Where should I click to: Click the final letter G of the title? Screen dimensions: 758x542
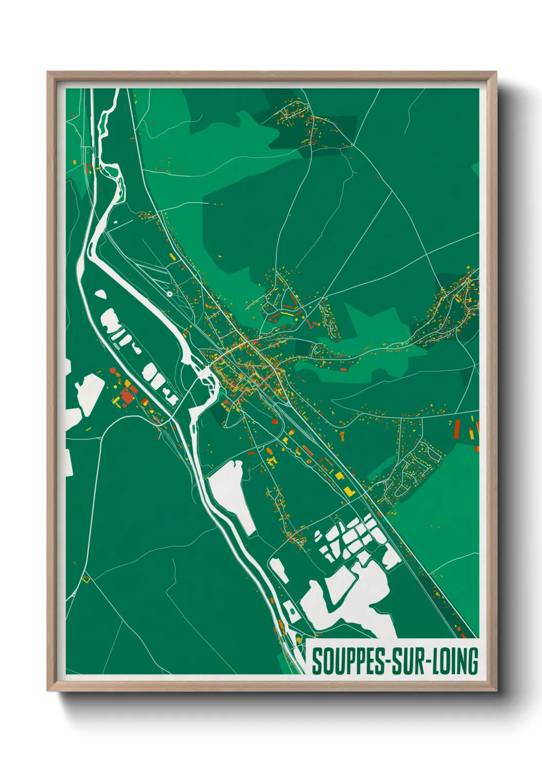[472, 661]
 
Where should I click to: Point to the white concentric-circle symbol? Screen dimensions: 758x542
[170, 294]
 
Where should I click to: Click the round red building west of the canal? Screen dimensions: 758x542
[113, 370]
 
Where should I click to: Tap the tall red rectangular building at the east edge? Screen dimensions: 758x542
[457, 428]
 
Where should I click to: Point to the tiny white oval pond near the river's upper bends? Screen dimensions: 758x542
[114, 222]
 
